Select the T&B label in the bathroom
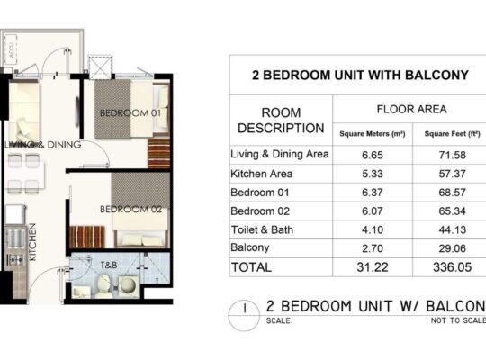point(109,265)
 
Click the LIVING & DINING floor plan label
point(42,144)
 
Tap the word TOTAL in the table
point(253,267)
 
